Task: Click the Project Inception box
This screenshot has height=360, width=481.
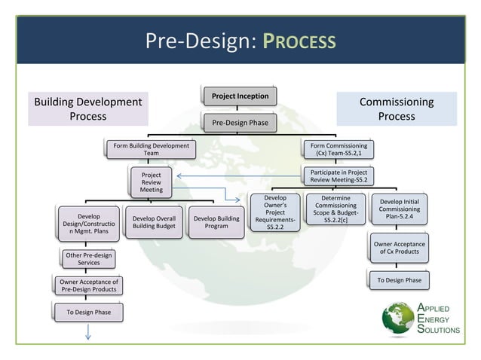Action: (x=239, y=96)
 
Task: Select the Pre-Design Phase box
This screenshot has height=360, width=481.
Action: (x=239, y=121)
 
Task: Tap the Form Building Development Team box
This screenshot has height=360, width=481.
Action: (x=151, y=149)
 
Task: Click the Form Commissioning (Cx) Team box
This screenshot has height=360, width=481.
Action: (x=336, y=149)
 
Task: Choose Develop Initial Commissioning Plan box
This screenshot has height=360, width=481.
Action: (x=400, y=209)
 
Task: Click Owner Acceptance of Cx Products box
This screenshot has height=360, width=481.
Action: (x=400, y=248)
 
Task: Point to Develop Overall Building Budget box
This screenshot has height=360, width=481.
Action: (x=153, y=222)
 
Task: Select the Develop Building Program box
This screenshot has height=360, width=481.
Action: (x=216, y=222)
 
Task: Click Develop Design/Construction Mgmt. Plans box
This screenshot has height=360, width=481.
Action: (x=89, y=223)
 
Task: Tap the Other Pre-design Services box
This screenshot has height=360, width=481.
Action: (x=88, y=259)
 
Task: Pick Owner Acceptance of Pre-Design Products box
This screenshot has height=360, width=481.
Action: (x=88, y=285)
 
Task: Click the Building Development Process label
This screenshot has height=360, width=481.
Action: (x=87, y=109)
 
